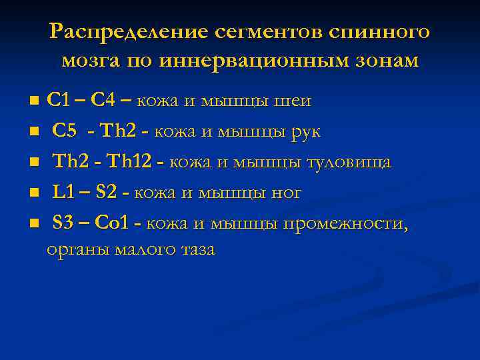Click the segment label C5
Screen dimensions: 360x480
click(x=65, y=131)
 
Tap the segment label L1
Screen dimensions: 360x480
click(x=63, y=193)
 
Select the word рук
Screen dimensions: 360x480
click(x=306, y=132)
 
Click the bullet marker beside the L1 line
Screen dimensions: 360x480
click(x=33, y=193)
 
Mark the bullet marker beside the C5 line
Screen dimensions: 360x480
click(x=33, y=131)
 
